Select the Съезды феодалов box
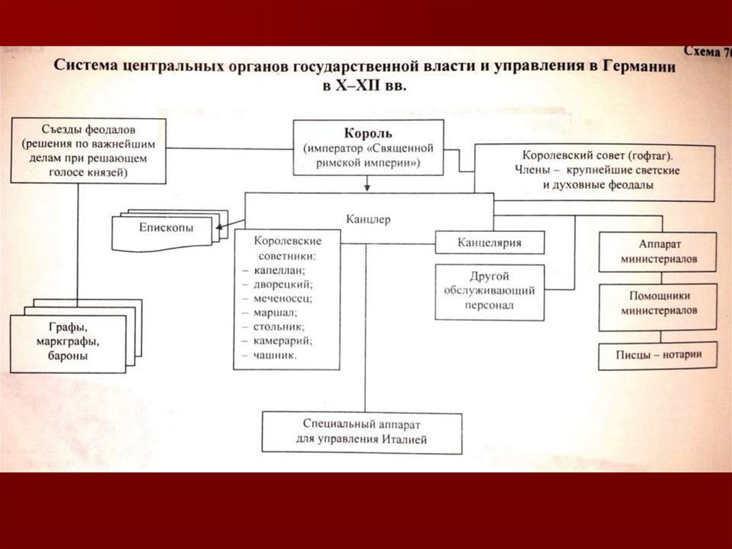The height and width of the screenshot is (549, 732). (x=88, y=150)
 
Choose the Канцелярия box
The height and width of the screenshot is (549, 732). (x=490, y=243)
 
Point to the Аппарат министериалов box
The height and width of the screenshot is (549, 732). (x=658, y=251)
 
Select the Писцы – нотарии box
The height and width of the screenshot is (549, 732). (x=658, y=354)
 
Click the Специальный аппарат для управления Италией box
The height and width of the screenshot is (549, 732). (x=361, y=432)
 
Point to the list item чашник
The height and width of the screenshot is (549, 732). (x=274, y=354)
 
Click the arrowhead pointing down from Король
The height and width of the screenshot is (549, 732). (x=367, y=188)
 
